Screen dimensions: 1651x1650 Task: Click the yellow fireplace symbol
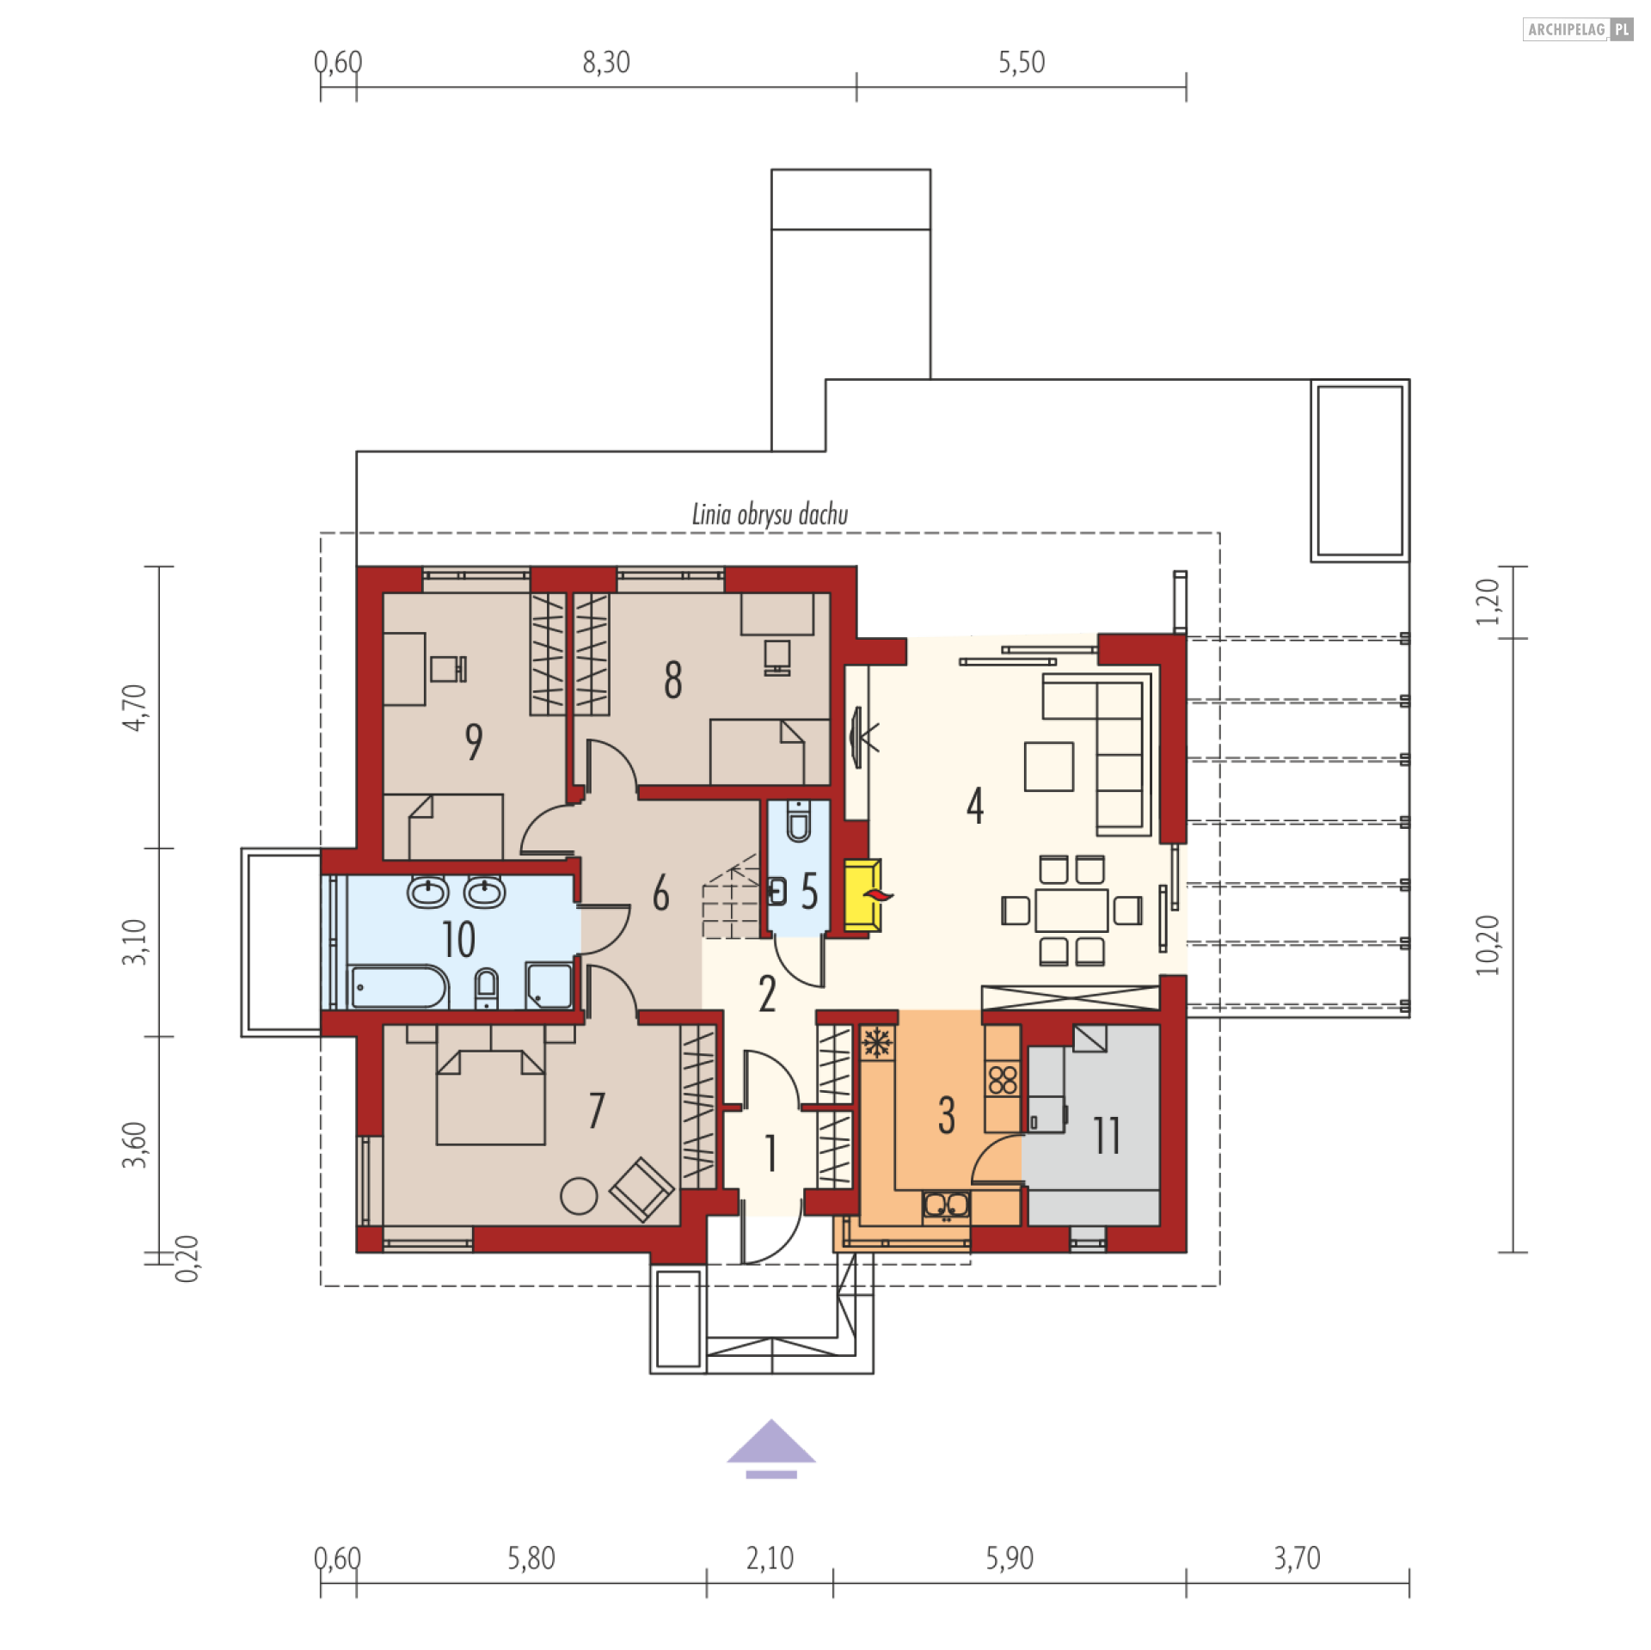(x=862, y=894)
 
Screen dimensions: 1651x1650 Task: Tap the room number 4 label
(x=974, y=806)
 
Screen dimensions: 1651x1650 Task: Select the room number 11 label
(x=1107, y=1135)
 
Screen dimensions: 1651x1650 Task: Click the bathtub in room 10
(x=399, y=987)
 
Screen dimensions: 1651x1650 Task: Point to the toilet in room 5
(x=799, y=821)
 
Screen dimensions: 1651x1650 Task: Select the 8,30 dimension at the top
(x=606, y=62)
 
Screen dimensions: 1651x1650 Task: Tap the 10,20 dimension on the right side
(x=1487, y=945)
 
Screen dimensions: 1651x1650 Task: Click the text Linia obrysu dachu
(x=770, y=514)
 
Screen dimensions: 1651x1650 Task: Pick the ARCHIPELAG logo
(x=1578, y=29)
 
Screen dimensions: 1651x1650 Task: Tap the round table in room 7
(x=579, y=1195)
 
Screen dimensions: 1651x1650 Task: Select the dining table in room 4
(x=1071, y=911)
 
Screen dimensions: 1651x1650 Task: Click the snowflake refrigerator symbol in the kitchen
(x=876, y=1043)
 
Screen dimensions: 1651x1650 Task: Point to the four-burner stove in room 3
(x=1003, y=1080)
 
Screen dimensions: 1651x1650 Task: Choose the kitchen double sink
(x=946, y=1205)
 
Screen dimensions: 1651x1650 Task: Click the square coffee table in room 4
(x=1048, y=766)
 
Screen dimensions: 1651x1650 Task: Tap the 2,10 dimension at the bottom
(x=770, y=1558)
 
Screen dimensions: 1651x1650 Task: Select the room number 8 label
(x=673, y=679)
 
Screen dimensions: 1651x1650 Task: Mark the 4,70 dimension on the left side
(x=134, y=707)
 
